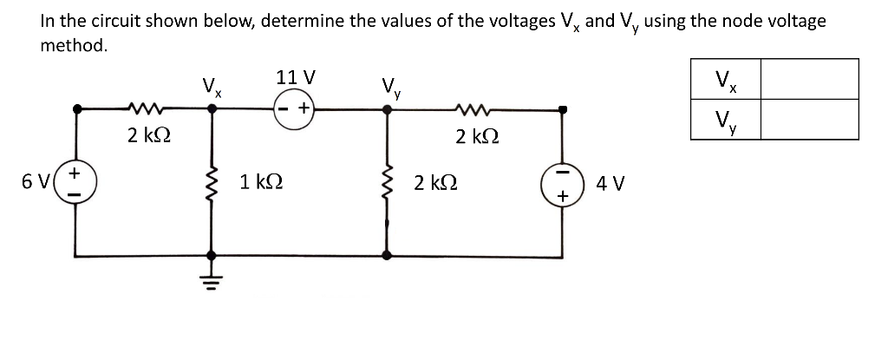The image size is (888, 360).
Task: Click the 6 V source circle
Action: (x=75, y=182)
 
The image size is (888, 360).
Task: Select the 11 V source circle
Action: (x=294, y=110)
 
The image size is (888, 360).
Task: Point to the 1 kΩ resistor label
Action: (x=259, y=183)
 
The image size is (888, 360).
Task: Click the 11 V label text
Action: (x=295, y=77)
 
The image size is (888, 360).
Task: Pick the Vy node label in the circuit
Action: (x=388, y=88)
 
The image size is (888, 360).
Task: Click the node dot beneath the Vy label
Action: (x=387, y=110)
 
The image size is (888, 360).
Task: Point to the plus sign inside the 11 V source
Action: (x=304, y=110)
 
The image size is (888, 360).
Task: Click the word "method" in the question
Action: (x=73, y=45)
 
